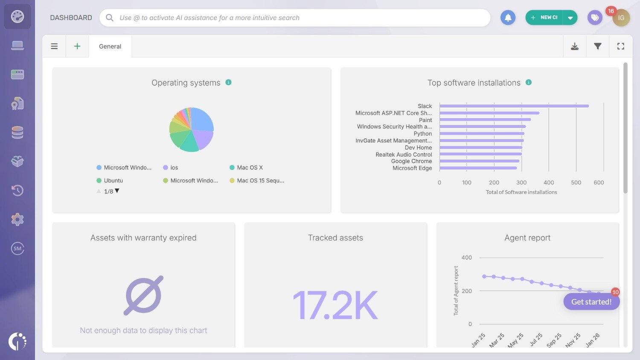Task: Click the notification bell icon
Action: point(508,17)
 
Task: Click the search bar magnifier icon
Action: point(110,17)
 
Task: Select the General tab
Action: point(110,46)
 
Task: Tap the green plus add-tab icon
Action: point(77,46)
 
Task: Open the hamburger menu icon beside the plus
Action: point(54,46)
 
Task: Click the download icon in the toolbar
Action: point(575,46)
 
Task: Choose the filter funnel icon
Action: point(598,46)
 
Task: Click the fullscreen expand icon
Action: point(621,46)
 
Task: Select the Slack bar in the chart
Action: point(514,106)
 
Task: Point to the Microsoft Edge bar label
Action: point(412,168)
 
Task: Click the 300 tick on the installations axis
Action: point(521,183)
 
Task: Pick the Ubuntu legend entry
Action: point(113,181)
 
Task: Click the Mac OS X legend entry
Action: point(250,168)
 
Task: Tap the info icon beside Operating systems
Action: point(229,82)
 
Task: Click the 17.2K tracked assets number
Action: point(335,305)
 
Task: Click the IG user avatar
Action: point(621,18)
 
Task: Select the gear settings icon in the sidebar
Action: point(17,220)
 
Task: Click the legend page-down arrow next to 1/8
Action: point(117,191)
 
